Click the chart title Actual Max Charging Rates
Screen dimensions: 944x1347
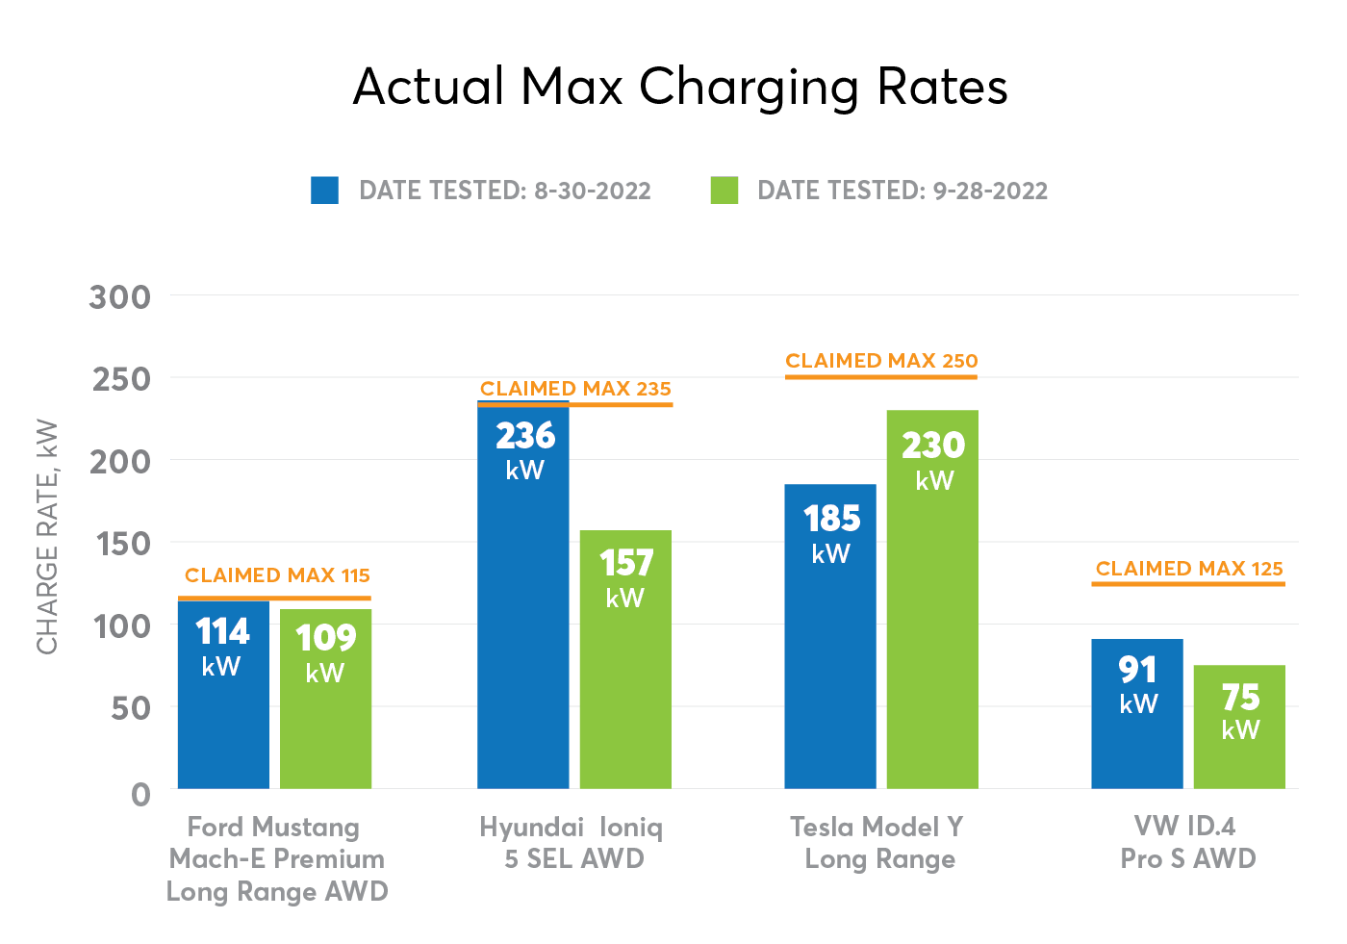point(680,88)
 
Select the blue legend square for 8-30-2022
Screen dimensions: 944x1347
point(325,190)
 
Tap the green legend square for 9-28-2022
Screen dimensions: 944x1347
point(724,190)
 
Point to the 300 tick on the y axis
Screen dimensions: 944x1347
point(120,297)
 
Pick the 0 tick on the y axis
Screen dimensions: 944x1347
point(140,794)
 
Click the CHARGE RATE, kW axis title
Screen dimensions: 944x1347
point(47,537)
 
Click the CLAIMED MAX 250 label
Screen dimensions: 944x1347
point(881,361)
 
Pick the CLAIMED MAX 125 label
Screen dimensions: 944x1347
point(1189,569)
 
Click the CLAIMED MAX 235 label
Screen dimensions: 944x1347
point(575,389)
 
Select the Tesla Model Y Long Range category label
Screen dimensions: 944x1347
point(877,843)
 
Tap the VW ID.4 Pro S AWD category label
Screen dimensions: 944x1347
point(1187,842)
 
